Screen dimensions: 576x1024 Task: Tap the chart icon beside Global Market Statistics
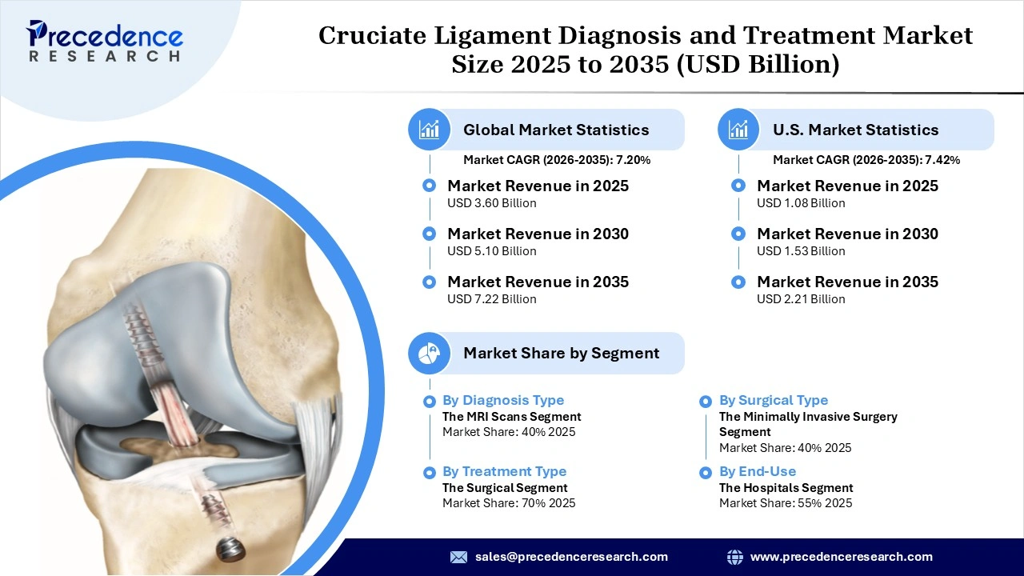coord(430,130)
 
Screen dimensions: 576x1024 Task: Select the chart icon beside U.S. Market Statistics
coord(739,130)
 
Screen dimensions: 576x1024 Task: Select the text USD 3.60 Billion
coord(491,203)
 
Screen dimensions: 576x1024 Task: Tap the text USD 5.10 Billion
coord(491,251)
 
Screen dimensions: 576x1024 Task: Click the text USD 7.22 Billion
coord(491,299)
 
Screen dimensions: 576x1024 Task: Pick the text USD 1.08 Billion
coord(801,203)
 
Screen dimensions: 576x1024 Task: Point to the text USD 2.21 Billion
coord(801,299)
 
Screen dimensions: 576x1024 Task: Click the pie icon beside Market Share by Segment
coord(430,353)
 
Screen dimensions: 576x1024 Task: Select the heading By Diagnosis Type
coord(503,400)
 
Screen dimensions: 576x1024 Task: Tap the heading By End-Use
coord(757,471)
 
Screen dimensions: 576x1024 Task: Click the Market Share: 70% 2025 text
coord(509,503)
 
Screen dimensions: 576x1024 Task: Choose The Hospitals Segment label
coord(786,487)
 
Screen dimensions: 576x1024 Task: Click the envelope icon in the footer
coord(458,557)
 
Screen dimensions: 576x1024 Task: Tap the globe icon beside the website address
coord(734,557)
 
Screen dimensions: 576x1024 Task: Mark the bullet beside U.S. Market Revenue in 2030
coord(739,234)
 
